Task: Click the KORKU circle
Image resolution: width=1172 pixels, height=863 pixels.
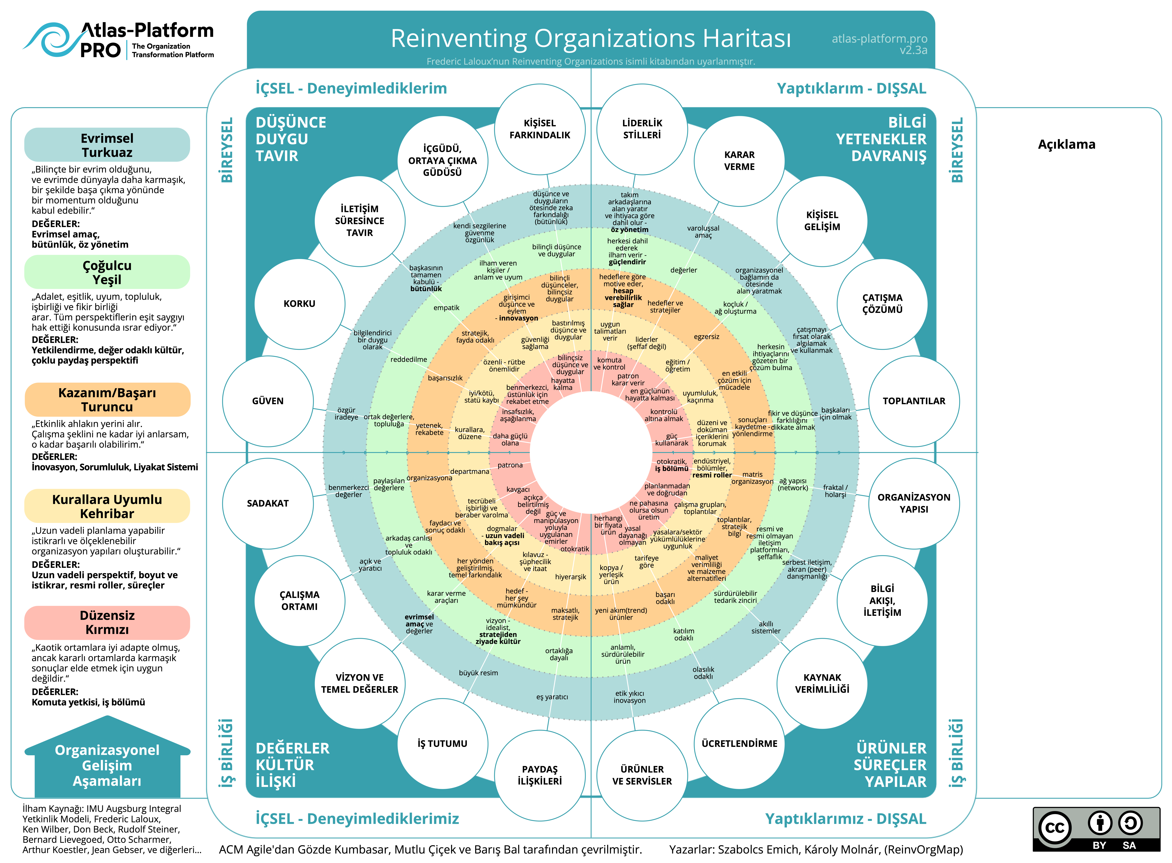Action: pos(299,304)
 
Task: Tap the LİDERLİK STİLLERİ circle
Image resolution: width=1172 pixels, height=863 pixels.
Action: pos(642,129)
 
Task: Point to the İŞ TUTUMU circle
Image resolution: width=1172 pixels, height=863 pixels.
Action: pos(442,743)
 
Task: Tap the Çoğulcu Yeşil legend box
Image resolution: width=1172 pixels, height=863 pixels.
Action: pos(107,272)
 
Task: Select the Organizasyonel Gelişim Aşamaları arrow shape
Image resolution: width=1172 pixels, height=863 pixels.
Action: pos(107,760)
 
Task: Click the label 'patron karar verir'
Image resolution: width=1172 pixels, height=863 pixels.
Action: pos(628,379)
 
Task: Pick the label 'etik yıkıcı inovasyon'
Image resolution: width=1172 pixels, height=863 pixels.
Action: pos(629,697)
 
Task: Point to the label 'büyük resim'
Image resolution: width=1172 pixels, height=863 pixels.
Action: pos(478,673)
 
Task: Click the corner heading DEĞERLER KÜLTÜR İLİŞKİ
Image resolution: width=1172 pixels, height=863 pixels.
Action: pos(292,764)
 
